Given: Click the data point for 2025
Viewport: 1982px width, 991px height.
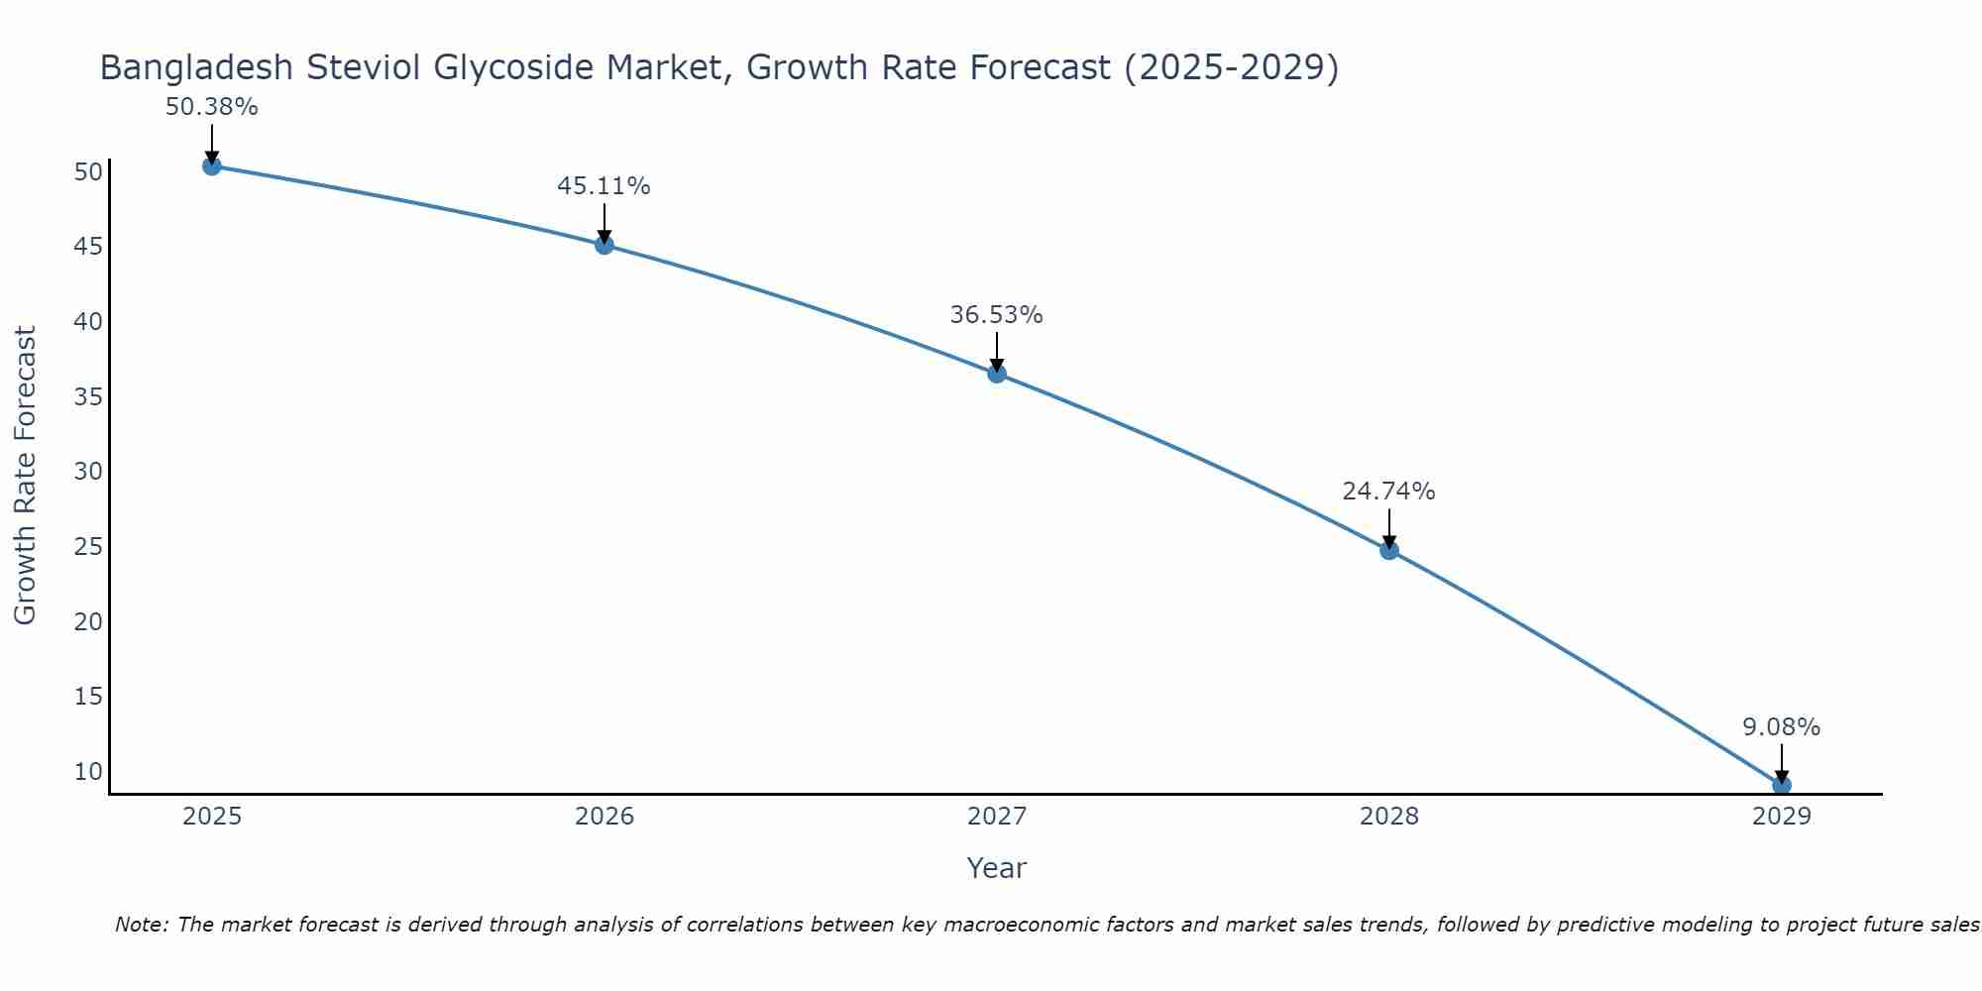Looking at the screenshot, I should [x=211, y=165].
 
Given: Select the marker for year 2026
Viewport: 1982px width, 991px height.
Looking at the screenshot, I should [x=605, y=245].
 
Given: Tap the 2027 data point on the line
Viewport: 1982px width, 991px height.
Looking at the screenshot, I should [x=997, y=374].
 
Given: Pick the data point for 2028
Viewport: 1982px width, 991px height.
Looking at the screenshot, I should [x=1389, y=550].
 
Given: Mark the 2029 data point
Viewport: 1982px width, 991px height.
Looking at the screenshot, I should [x=1782, y=785].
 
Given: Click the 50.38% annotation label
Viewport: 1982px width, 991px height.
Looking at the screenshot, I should [x=211, y=107].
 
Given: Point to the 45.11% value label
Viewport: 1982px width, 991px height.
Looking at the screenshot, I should [x=604, y=186].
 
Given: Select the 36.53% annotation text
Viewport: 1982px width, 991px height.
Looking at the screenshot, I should [x=996, y=315].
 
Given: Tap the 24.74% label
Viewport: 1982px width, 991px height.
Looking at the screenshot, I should [x=1388, y=492].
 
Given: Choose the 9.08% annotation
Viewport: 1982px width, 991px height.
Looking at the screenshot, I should [x=1781, y=727].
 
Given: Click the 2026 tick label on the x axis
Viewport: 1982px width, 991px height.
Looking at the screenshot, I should [x=605, y=817].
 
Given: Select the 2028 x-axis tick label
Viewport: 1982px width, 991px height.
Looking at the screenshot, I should [x=1389, y=817].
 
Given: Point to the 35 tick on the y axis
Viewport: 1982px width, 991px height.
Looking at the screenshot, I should [x=88, y=396].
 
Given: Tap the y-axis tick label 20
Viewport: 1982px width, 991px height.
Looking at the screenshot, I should [x=88, y=621].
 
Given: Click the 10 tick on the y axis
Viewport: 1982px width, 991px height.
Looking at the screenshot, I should [x=88, y=771].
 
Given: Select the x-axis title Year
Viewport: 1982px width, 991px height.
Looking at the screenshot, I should [x=996, y=868].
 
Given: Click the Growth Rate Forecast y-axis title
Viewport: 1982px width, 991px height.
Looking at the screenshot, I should [x=25, y=475].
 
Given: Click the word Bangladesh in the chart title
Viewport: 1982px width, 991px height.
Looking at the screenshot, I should [x=197, y=67].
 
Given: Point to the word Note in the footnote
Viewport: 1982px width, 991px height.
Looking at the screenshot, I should [x=141, y=925].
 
